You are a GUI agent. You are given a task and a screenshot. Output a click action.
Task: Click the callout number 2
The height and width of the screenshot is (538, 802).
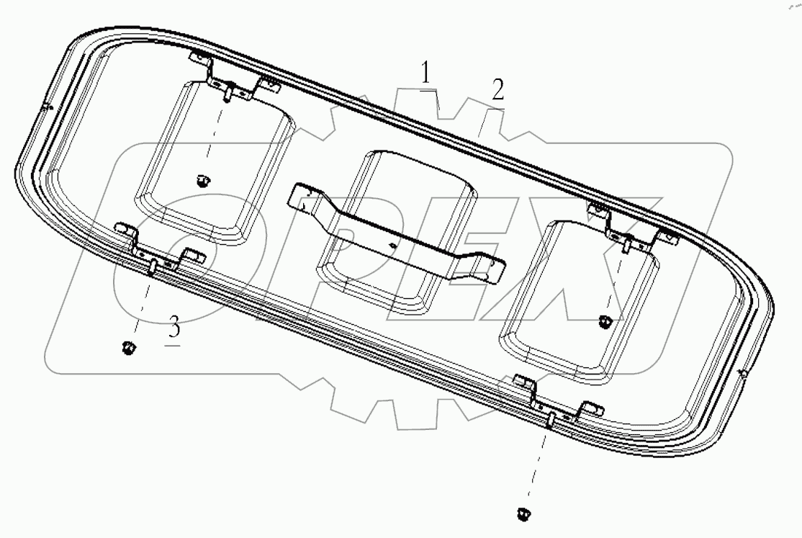[x=497, y=89]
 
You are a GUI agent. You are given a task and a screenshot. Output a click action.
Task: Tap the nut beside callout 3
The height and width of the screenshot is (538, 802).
[x=128, y=349]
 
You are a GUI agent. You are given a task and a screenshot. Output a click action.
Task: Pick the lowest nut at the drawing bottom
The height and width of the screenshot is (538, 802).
[x=522, y=514]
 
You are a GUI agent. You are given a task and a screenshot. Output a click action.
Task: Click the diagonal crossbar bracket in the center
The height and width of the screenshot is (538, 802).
[x=397, y=232]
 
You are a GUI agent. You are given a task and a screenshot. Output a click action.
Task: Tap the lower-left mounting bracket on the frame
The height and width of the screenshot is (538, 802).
[x=158, y=248]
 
